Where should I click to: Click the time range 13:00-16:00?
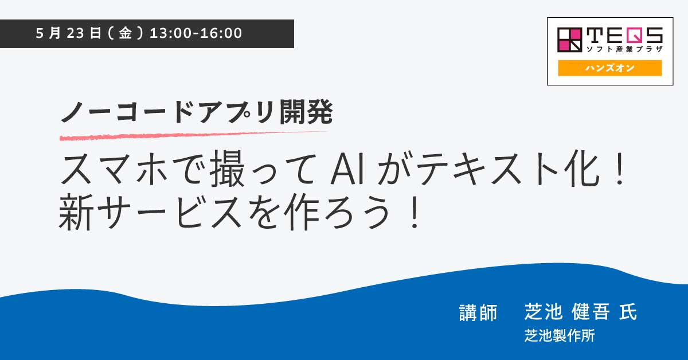(196, 33)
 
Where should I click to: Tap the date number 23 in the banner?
(75, 33)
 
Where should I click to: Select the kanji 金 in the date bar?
(126, 33)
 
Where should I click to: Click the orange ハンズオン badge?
(609, 68)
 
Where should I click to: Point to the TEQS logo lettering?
(624, 36)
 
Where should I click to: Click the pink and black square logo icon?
(570, 40)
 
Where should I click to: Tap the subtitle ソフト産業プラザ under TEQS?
(624, 49)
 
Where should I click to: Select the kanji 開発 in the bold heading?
(306, 112)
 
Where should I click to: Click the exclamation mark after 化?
(620, 169)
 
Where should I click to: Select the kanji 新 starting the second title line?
(76, 212)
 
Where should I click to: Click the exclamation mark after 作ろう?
(415, 213)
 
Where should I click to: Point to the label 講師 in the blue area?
(478, 312)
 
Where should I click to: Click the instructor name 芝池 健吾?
(567, 311)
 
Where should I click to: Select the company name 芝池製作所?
(560, 335)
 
